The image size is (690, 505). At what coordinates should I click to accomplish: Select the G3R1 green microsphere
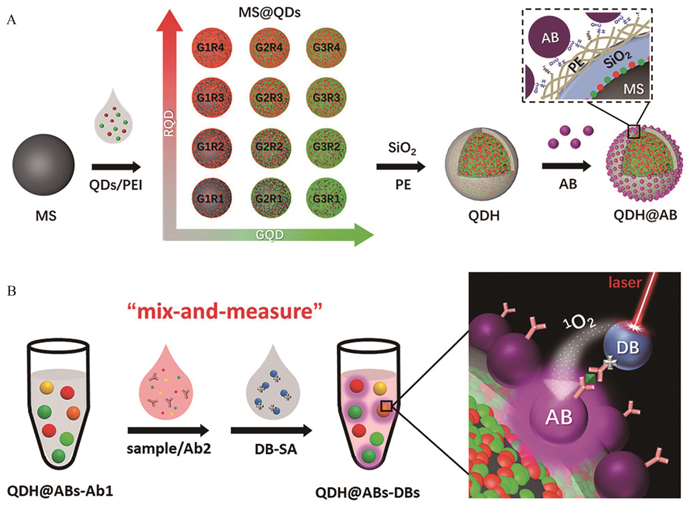[326, 199]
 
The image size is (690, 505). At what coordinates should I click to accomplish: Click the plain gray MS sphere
[43, 164]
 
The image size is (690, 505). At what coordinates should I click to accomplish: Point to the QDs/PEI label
[116, 185]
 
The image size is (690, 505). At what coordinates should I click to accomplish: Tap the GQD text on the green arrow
[270, 235]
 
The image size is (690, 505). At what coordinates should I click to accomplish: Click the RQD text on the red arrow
[169, 123]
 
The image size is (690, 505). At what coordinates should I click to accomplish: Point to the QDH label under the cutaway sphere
[484, 216]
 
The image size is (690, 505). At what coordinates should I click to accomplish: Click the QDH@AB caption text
[645, 215]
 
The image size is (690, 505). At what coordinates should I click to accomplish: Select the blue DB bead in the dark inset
[627, 347]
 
